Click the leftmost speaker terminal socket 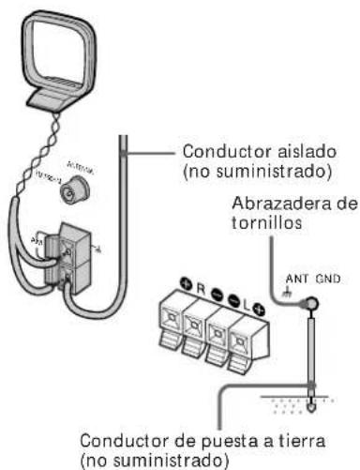tap(169, 324)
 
